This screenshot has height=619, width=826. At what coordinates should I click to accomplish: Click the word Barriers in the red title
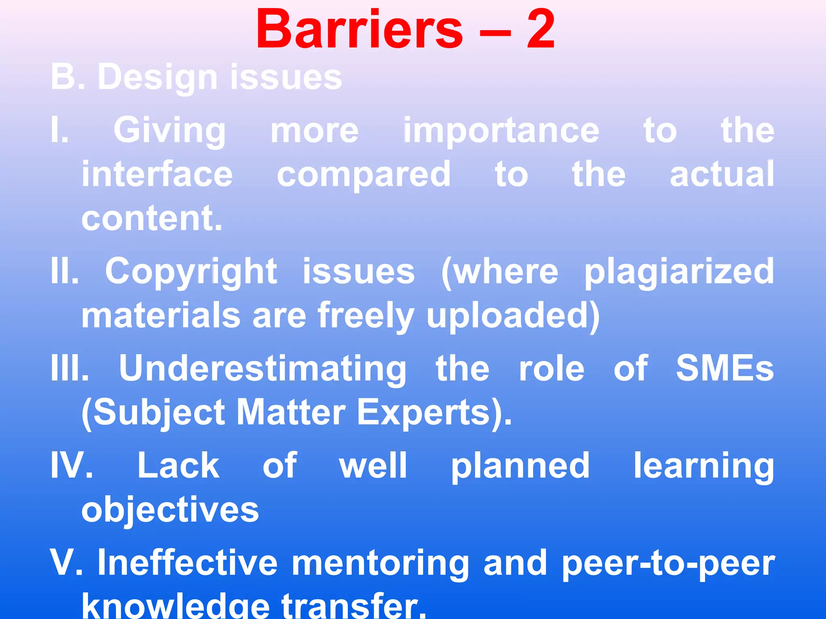pos(359,30)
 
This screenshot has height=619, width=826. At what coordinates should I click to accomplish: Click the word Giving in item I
pos(169,131)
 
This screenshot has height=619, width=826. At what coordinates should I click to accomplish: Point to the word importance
pos(501,131)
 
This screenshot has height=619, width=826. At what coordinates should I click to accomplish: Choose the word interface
pos(157,174)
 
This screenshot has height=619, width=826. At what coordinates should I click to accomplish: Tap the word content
pos(152,218)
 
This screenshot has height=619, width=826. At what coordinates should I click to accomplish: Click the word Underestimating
pos(263,369)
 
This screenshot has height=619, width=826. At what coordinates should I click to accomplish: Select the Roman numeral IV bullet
pos(71,465)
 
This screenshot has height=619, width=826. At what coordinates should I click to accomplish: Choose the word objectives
pos(170,510)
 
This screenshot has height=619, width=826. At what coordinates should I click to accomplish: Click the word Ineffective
pos(188,563)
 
